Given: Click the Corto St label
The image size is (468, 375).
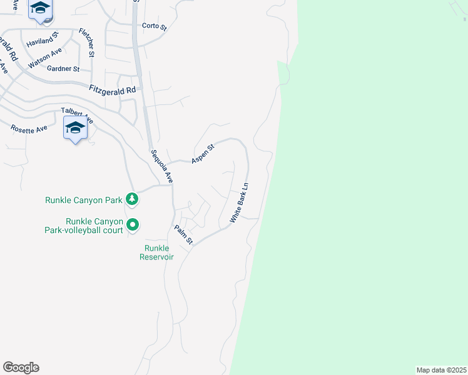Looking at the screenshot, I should (x=155, y=26).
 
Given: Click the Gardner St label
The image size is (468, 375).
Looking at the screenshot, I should (x=64, y=69).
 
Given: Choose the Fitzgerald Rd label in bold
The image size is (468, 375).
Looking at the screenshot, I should (x=112, y=90).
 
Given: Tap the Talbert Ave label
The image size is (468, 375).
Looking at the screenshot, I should (x=77, y=115).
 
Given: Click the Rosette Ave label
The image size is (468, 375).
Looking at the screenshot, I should (x=29, y=128).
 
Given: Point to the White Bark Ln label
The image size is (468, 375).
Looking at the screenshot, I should (x=239, y=203).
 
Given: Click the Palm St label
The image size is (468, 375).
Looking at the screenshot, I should (x=183, y=235).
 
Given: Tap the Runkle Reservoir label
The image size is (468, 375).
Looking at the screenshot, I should (x=156, y=252).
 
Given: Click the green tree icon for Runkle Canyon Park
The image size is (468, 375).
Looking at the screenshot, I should (x=131, y=200).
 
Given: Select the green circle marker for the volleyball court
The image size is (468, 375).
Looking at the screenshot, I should (x=133, y=224).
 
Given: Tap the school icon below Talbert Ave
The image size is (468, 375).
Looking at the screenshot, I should (x=75, y=129).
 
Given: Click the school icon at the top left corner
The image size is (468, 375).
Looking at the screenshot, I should (x=41, y=9).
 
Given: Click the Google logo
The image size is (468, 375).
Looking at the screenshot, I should (x=21, y=367).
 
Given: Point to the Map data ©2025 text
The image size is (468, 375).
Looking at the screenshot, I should (x=441, y=370).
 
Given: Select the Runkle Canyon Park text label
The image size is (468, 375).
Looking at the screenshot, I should (x=83, y=201).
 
